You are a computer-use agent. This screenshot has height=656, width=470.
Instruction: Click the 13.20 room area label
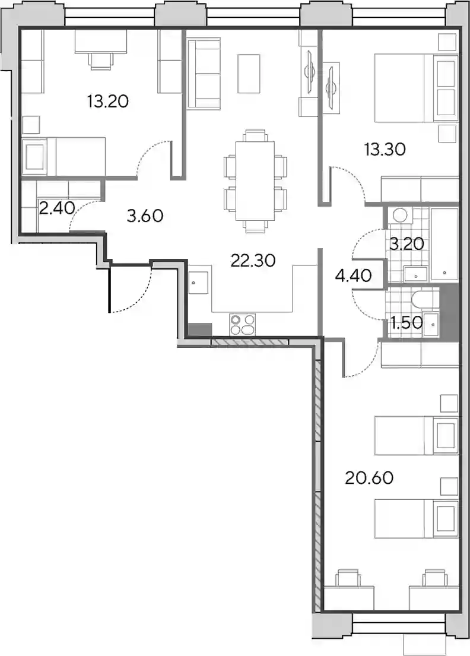pyautogui.click(x=108, y=102)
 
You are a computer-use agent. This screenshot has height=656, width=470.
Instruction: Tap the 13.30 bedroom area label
pyautogui.click(x=385, y=150)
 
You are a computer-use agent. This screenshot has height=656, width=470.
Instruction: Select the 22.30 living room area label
pyautogui.click(x=253, y=261)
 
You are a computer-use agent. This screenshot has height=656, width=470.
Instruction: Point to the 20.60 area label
pyautogui.click(x=369, y=478)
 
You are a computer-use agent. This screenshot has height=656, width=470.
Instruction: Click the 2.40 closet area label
pyautogui.click(x=57, y=207)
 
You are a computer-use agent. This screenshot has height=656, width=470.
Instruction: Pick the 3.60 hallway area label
pyautogui.click(x=145, y=216)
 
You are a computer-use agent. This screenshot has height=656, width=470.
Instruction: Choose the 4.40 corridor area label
pyautogui.click(x=354, y=275)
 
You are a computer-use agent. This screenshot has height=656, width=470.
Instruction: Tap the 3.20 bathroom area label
pyautogui.click(x=407, y=243)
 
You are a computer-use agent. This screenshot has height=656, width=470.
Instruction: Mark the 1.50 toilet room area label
pyautogui.click(x=405, y=322)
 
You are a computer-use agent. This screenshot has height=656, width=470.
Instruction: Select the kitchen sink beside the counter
pyautogui.click(x=199, y=283)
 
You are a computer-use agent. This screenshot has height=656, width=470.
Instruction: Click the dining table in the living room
pyautogui.click(x=255, y=180)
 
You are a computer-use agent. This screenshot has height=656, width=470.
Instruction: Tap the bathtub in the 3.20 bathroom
pyautogui.click(x=444, y=243)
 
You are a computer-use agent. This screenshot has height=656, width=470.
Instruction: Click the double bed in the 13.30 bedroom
pyautogui.click(x=415, y=88)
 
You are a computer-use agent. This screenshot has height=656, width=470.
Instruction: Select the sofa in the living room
pyautogui.click(x=203, y=74)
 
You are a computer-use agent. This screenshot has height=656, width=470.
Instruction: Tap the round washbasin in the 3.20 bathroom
pyautogui.click(x=400, y=215)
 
